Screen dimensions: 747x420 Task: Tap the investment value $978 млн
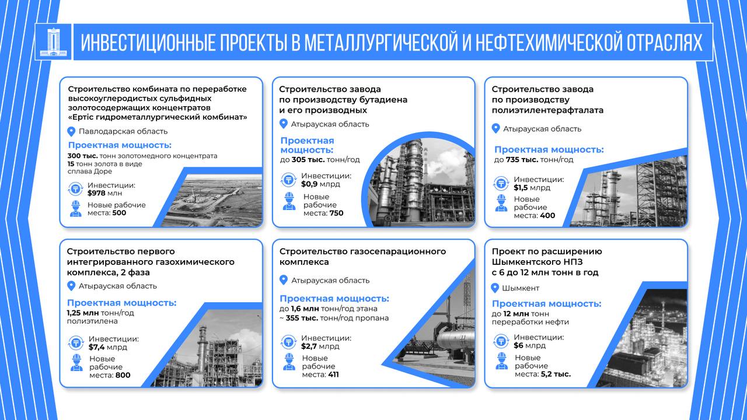click(x=104, y=193)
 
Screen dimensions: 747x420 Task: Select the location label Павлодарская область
click(x=123, y=131)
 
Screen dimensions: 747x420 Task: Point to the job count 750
click(x=336, y=213)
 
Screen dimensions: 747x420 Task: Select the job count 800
click(x=123, y=375)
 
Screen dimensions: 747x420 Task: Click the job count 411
click(x=333, y=374)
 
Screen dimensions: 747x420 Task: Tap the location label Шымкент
click(x=521, y=288)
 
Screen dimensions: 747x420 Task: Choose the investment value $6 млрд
click(x=529, y=346)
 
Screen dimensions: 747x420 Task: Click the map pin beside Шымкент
click(x=495, y=288)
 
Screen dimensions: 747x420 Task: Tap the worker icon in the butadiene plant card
click(x=289, y=201)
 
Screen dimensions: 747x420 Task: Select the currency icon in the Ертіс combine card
click(x=75, y=189)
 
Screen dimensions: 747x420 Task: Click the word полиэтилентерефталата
click(x=547, y=110)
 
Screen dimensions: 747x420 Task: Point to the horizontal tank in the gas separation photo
click(x=456, y=340)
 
